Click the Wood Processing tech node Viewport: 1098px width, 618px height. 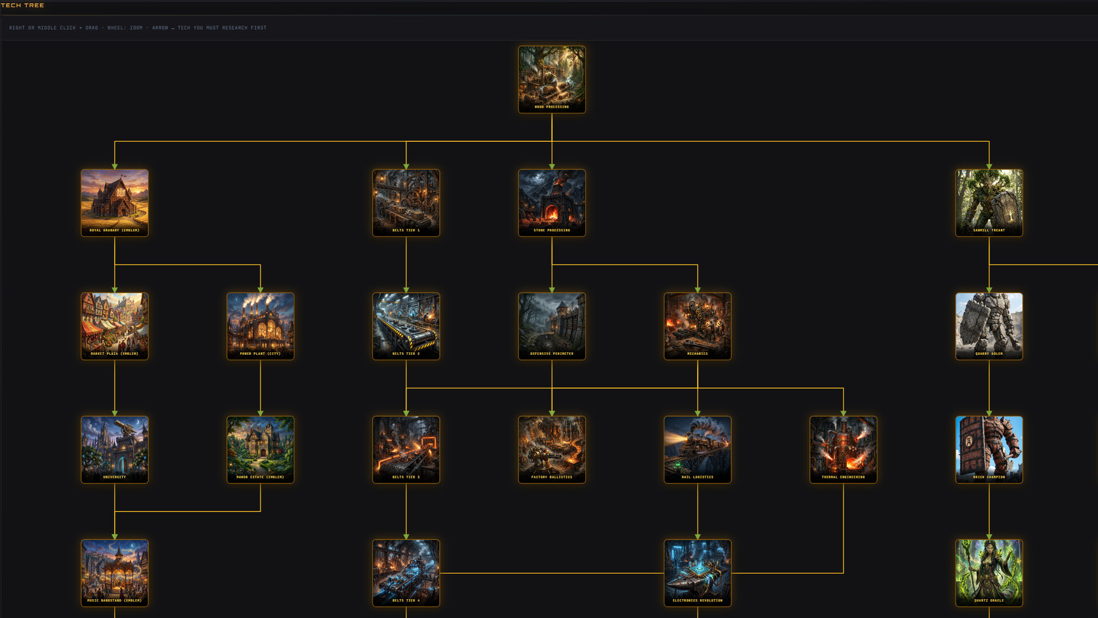tap(551, 80)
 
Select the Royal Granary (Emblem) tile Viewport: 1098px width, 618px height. tap(114, 203)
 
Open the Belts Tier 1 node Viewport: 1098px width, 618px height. tap(406, 203)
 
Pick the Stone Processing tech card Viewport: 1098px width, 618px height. tap(551, 203)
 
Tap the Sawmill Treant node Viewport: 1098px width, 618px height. tap(989, 203)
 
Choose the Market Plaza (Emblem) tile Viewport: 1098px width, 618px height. tap(114, 326)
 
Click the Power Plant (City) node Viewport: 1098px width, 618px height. tap(260, 326)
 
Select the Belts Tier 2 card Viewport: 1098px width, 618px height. tap(406, 326)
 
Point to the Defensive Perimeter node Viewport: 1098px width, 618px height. tap(551, 326)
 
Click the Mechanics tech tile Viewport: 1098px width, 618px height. tap(697, 326)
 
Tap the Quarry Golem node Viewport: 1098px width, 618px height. tap(989, 326)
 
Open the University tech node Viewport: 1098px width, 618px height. tap(114, 449)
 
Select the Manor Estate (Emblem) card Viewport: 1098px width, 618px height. tap(260, 449)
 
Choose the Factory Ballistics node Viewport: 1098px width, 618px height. tap(551, 449)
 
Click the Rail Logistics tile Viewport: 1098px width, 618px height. tap(697, 449)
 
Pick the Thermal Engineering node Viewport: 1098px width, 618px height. tap(843, 449)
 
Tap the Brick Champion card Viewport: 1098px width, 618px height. tap(989, 449)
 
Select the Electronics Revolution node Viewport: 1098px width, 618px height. tap(697, 573)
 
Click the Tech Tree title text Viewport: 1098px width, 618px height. tap(22, 5)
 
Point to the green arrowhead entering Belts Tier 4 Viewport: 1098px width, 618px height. tap(406, 537)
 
